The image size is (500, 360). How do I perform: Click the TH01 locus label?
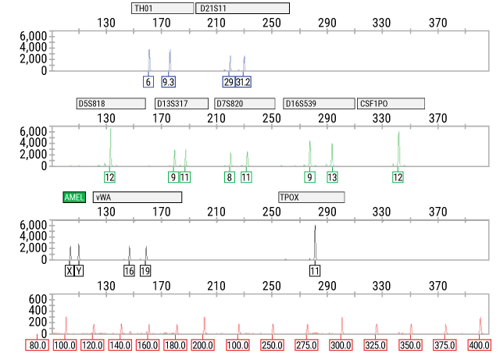162,9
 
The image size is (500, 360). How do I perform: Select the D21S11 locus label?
242,9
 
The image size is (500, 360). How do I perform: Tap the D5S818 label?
110,104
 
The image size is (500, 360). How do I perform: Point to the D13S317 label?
181,104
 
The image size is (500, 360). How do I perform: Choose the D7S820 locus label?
245,104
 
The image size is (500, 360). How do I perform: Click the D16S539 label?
319,104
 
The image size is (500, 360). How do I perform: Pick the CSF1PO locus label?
391,104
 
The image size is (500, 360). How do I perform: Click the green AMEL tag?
74,198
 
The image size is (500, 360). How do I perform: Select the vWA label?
137,198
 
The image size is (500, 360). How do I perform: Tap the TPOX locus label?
311,198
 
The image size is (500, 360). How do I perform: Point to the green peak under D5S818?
110,144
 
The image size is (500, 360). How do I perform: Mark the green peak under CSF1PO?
398,147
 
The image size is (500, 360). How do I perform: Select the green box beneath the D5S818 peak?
109,177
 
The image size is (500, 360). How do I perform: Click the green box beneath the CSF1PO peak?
398,177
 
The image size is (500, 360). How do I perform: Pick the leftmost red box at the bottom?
37,345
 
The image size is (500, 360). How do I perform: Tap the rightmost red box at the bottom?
479,345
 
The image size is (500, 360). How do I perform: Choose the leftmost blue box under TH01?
148,82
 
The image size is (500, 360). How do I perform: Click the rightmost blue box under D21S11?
244,82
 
